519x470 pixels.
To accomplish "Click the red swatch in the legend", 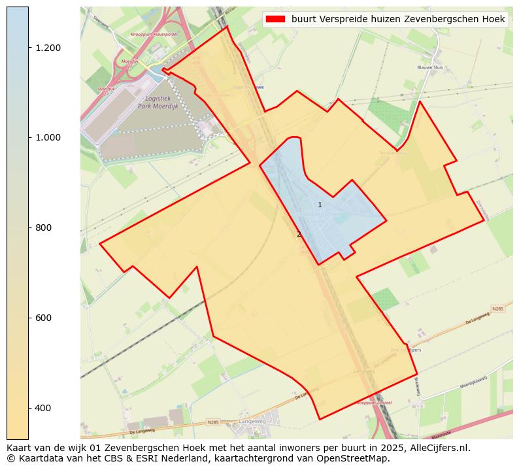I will point(276,20).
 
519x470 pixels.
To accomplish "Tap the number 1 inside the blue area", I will point(320,205).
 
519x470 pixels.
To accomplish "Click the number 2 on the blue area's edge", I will point(299,235).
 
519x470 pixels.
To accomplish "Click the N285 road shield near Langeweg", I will point(213,423).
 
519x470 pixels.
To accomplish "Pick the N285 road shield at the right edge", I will point(498,308).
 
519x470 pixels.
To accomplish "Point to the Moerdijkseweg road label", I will point(473,385).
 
